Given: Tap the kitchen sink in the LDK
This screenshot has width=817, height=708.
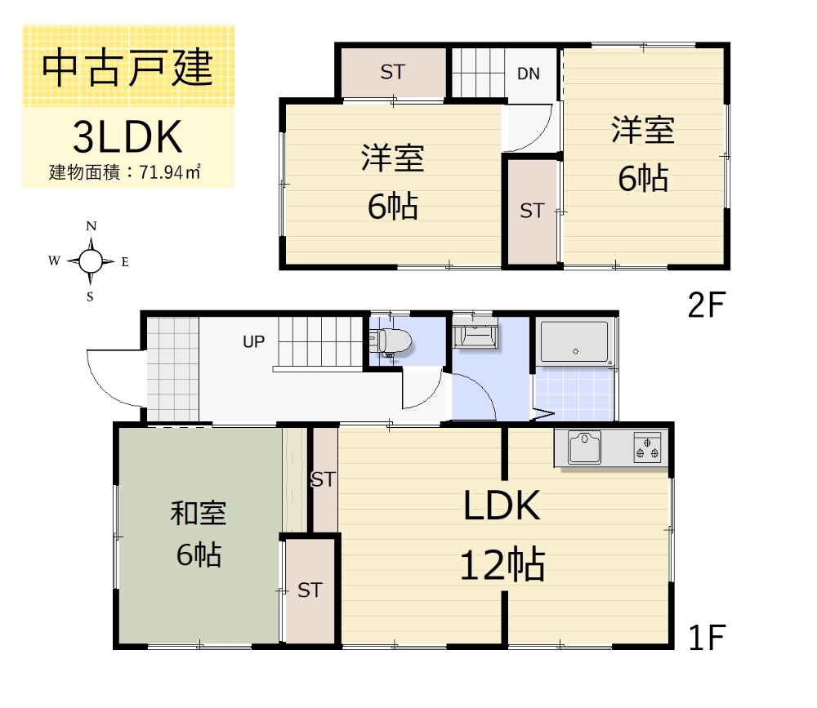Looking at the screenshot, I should point(584,448).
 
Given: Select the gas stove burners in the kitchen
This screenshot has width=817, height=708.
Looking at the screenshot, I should point(647,448).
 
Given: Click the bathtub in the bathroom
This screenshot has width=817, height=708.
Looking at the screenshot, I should point(574,341).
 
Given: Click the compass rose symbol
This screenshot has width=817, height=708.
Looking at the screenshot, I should point(91,261).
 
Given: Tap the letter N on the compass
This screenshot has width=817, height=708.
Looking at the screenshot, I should point(92,226).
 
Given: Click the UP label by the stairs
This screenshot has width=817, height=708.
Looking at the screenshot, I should point(253,342).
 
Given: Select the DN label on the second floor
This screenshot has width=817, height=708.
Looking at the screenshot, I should point(529,73).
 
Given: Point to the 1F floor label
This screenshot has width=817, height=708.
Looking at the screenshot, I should point(706,638).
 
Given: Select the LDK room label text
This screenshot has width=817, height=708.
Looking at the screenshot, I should point(502,507).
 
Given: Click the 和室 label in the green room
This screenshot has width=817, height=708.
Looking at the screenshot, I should point(199,514).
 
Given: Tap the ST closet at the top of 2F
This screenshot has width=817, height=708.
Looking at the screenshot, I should point(392,72).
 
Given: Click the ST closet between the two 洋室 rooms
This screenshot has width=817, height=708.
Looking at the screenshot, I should point(532,211).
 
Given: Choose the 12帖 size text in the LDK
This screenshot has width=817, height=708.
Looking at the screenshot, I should point(502,564).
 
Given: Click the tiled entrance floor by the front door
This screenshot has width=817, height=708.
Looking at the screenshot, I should point(173,368).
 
